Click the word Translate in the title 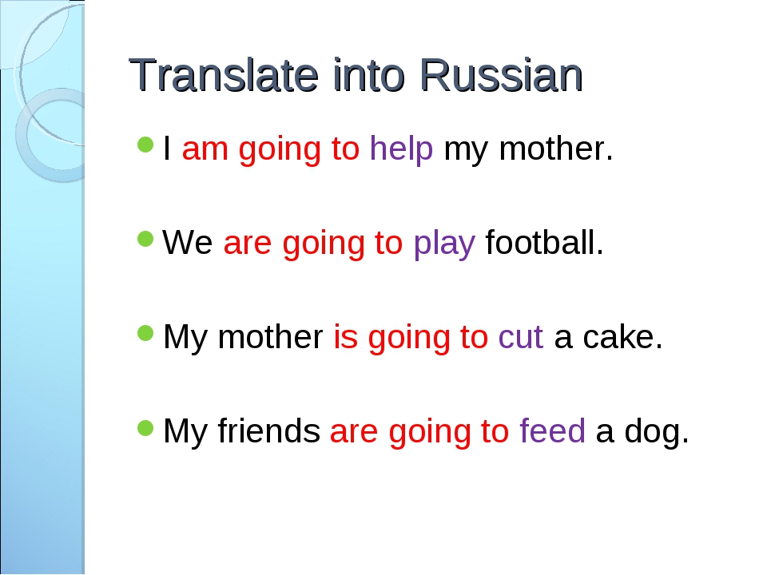coord(224,75)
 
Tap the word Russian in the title coord(501,75)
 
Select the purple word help coord(402,149)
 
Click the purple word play coord(444,243)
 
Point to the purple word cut coord(520,337)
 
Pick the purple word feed coord(552,430)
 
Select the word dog coord(657,431)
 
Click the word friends coord(269,430)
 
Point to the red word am coord(205,149)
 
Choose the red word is coord(345,336)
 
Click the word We coord(188,242)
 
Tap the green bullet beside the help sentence coord(145,145)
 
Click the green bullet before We coord(145,239)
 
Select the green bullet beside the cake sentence coord(145,334)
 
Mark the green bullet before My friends coord(145,428)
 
